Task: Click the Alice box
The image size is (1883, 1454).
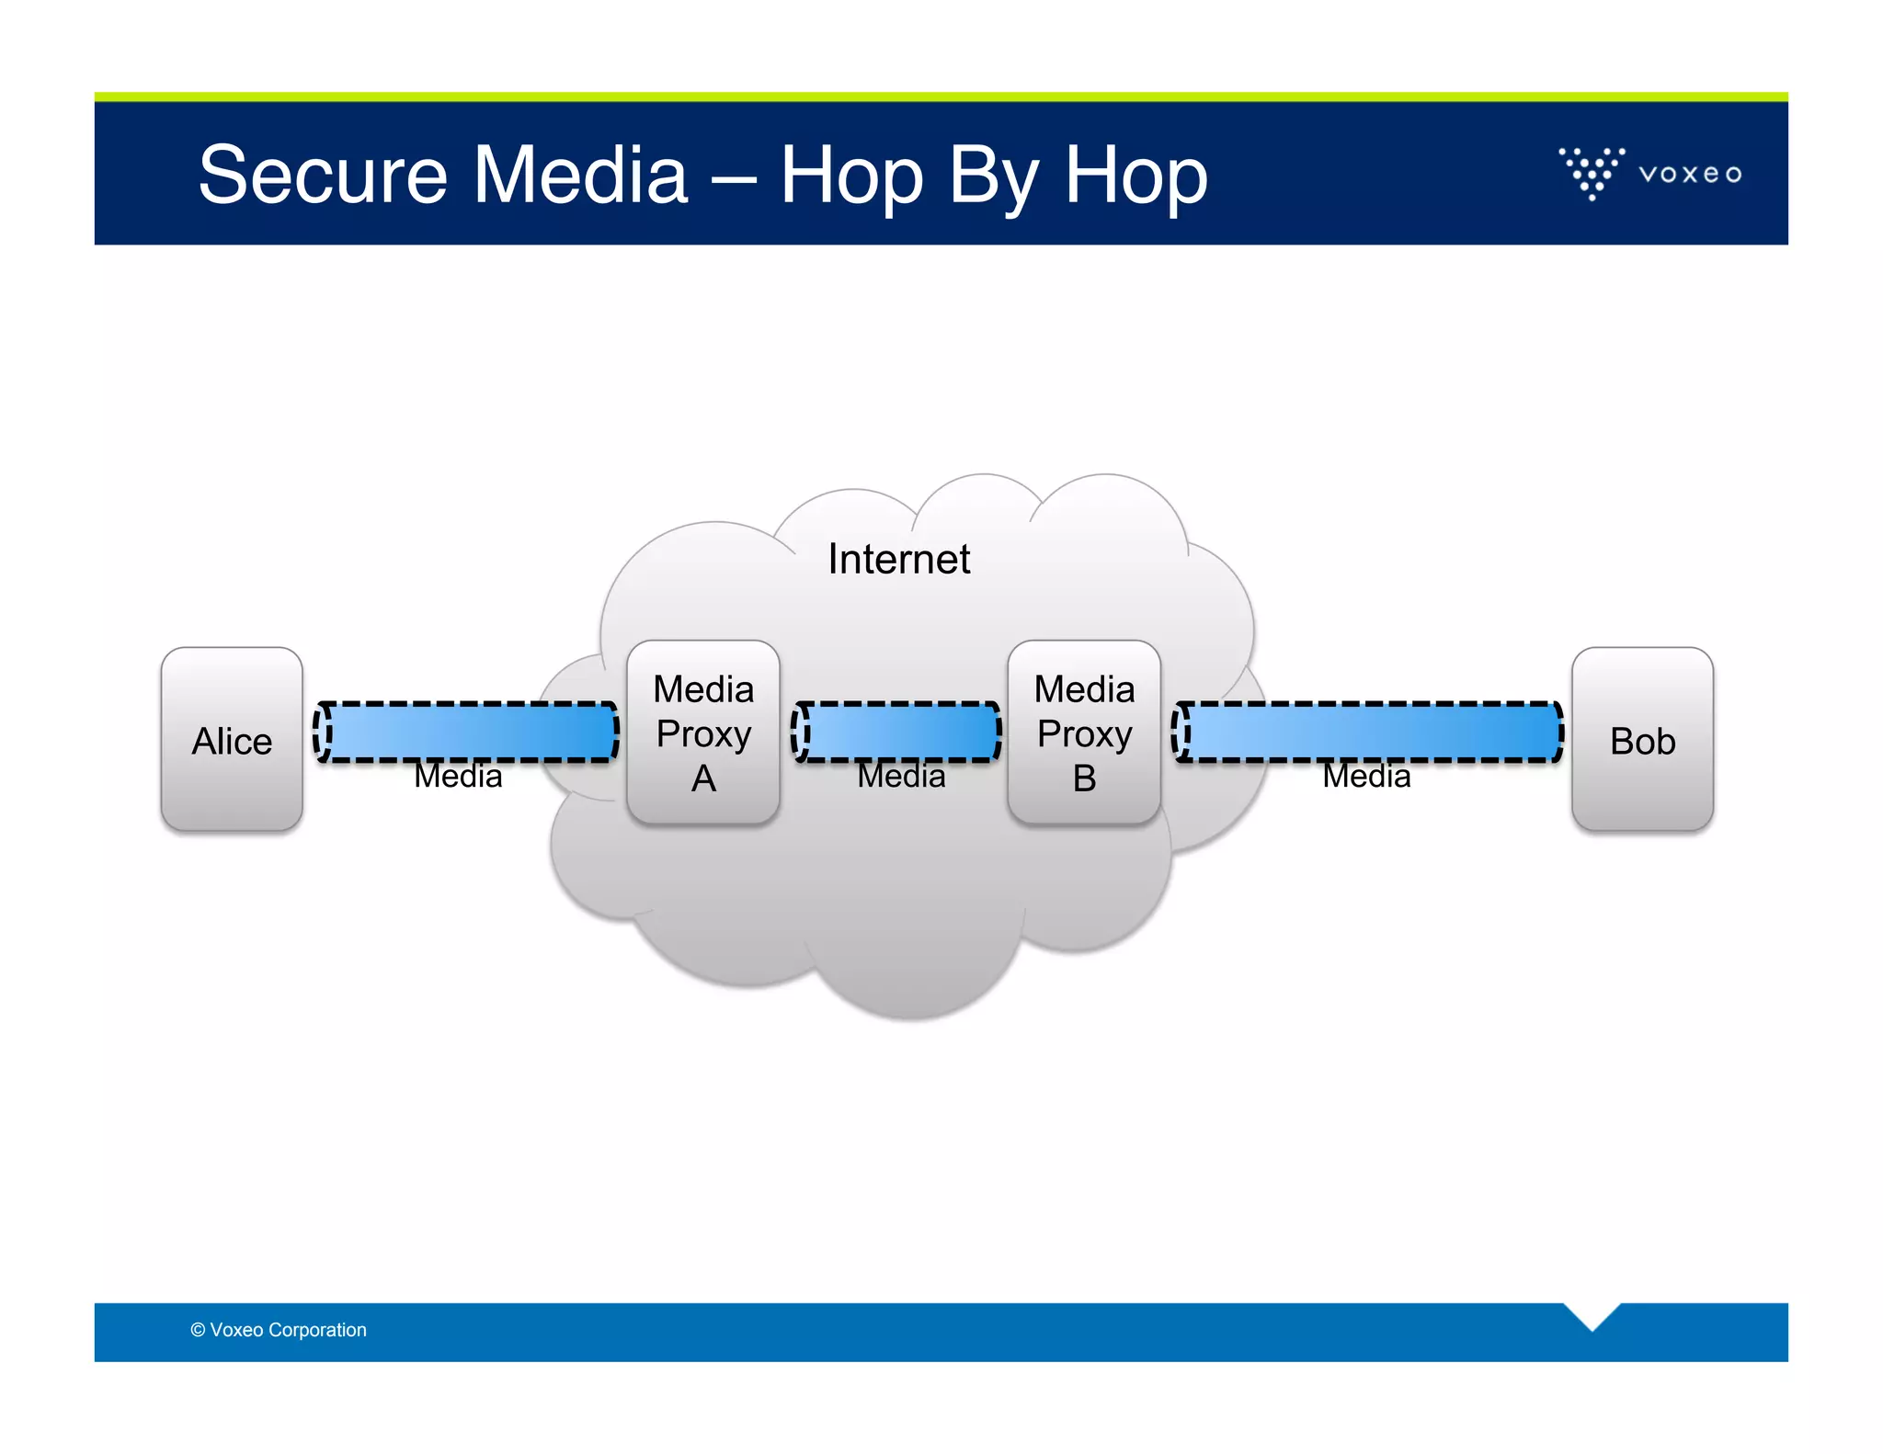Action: click(232, 740)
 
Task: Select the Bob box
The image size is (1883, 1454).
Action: click(1642, 740)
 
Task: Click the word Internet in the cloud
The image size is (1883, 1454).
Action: click(898, 559)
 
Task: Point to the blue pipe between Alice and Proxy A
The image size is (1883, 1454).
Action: click(467, 732)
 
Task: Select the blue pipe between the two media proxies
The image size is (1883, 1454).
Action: click(897, 732)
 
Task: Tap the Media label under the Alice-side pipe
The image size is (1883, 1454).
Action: click(458, 778)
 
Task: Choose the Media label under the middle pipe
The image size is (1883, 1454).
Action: click(901, 778)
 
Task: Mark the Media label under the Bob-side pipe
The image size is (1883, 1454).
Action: click(1366, 778)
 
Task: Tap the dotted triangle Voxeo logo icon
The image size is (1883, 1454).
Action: click(1592, 172)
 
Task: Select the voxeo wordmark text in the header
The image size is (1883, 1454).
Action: click(1690, 174)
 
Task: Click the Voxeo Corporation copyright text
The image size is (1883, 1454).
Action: click(279, 1330)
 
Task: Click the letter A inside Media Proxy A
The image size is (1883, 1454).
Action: click(703, 779)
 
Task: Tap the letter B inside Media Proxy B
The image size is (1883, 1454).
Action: click(1084, 779)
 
